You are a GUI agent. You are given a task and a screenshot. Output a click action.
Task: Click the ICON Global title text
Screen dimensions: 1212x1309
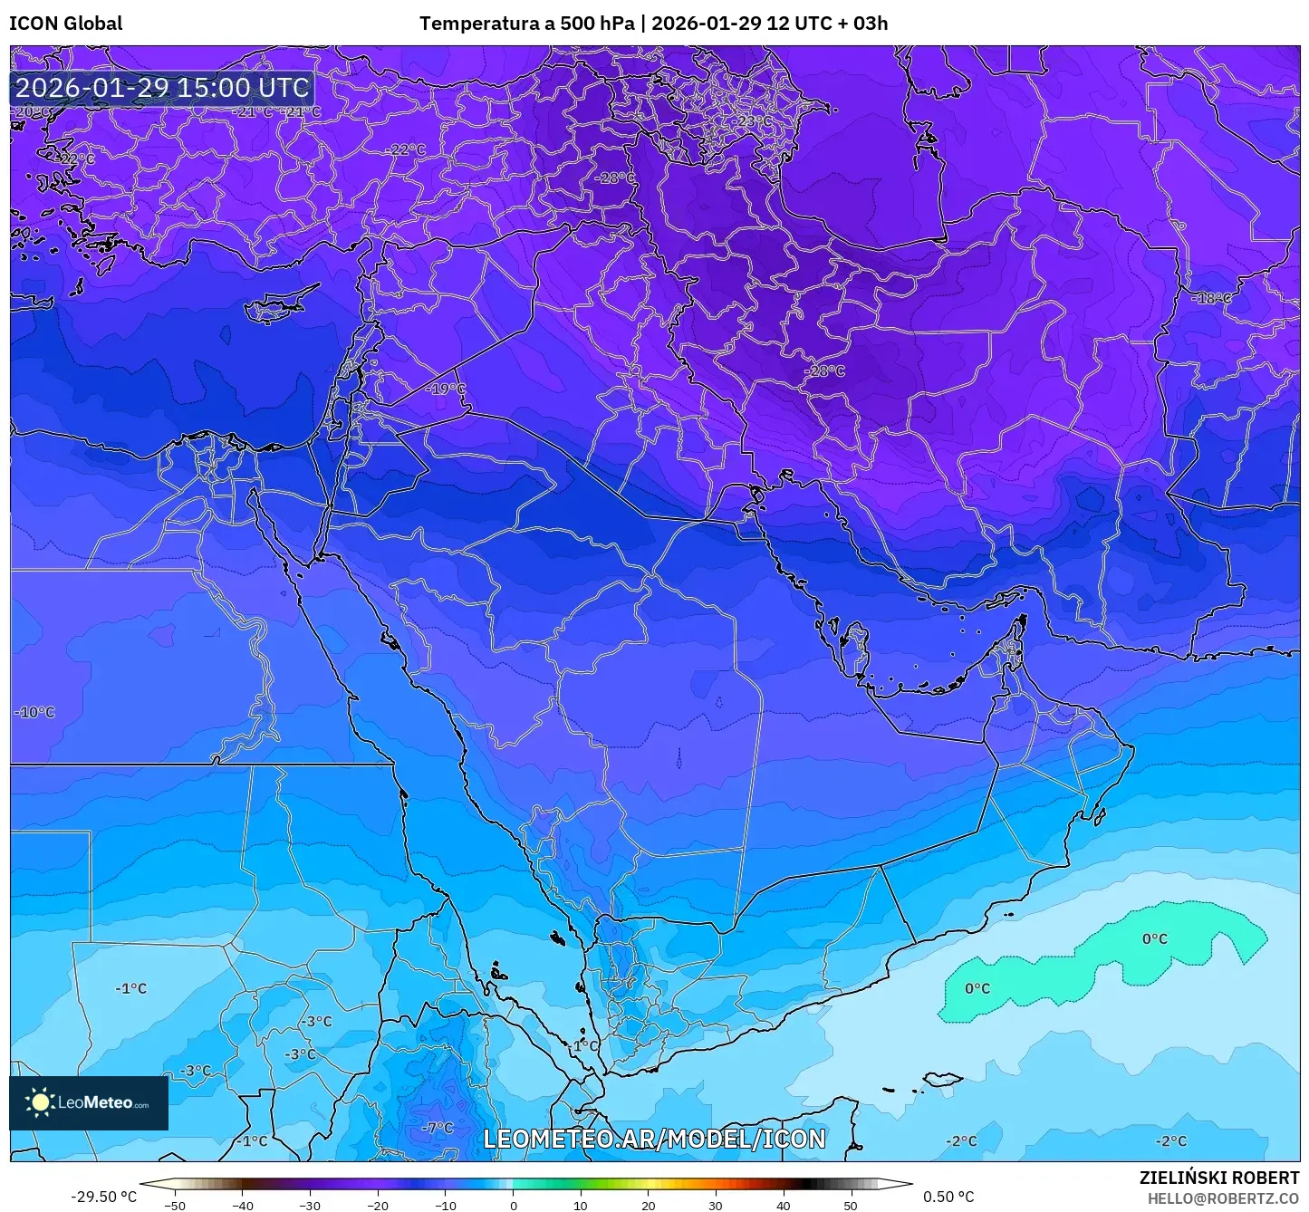point(66,24)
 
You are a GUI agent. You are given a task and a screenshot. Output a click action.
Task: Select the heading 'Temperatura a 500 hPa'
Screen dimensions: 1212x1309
point(526,24)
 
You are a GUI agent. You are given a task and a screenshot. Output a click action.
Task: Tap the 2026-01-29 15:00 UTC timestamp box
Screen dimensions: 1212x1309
point(162,88)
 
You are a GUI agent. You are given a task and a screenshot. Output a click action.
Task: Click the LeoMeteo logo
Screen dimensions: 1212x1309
point(89,1102)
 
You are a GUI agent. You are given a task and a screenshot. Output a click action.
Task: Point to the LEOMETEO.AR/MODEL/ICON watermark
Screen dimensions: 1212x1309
point(654,1139)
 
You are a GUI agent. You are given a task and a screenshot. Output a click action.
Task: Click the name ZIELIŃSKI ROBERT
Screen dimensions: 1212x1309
point(1218,1178)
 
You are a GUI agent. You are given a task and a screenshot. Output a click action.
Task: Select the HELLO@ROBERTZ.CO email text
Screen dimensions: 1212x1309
point(1223,1198)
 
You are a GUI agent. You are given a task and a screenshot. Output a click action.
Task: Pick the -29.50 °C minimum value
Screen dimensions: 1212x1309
point(103,1197)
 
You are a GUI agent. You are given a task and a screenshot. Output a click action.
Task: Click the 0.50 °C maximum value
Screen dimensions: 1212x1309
point(948,1197)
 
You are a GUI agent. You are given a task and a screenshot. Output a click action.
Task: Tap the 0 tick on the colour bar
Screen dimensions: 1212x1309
point(513,1205)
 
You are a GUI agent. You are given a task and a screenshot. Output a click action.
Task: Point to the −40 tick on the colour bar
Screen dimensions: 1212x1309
point(242,1205)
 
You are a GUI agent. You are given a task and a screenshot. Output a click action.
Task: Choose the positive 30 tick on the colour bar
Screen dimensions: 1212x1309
point(716,1205)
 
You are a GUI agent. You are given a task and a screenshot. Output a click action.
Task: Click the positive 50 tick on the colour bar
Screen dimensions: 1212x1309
point(851,1205)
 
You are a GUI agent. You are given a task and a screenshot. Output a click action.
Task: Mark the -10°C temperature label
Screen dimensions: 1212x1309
point(34,712)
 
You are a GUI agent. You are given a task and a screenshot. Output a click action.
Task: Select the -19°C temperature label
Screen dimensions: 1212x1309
point(446,389)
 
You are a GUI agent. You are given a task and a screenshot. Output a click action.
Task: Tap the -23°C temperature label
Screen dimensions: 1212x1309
point(753,121)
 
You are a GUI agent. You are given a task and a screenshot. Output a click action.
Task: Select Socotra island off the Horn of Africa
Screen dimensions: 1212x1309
point(942,1079)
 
